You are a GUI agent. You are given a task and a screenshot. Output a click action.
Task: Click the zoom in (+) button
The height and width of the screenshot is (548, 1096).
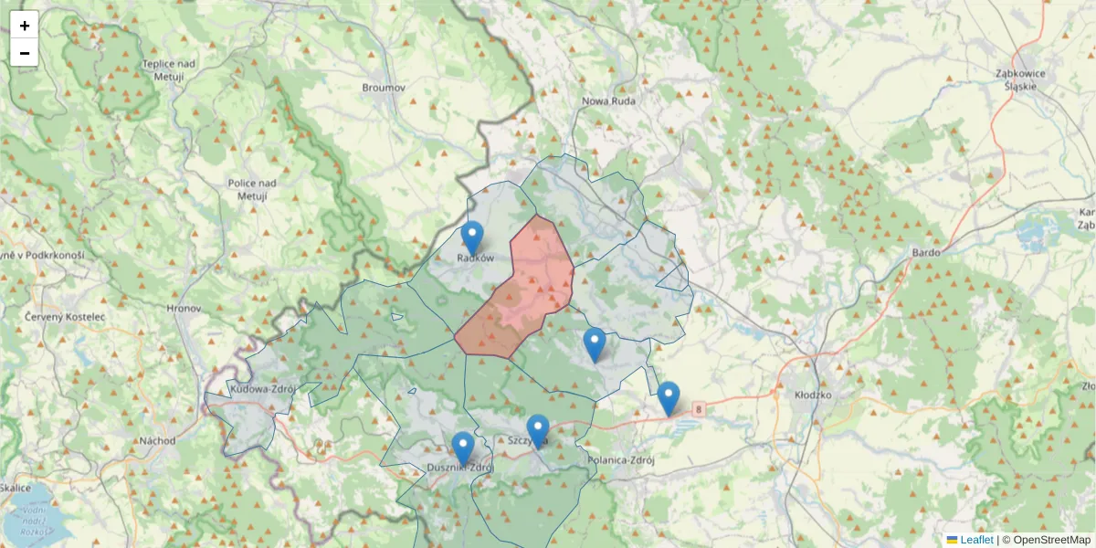25,26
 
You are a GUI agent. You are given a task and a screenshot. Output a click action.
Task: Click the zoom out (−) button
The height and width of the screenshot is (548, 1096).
25,53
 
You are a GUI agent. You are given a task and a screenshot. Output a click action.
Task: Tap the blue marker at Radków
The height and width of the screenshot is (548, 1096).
472,237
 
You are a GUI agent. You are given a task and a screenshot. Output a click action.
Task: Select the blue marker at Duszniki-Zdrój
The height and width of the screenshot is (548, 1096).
463,448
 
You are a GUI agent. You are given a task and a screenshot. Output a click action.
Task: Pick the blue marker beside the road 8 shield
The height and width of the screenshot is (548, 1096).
669,397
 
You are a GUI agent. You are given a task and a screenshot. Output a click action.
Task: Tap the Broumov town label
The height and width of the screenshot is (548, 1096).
384,88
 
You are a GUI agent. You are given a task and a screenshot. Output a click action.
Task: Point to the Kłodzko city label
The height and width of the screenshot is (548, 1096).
814,395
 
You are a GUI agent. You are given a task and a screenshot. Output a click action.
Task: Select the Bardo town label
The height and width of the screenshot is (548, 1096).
926,252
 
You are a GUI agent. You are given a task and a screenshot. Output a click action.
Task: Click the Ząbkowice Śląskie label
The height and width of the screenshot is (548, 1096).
1020,79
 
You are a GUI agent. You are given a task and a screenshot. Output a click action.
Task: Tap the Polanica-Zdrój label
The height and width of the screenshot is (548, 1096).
623,460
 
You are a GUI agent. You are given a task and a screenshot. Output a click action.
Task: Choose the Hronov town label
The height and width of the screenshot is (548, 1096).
184,309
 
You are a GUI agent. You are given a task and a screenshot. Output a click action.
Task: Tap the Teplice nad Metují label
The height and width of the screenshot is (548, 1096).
169,70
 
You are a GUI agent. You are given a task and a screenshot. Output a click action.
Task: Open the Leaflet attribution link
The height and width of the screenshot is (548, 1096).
976,540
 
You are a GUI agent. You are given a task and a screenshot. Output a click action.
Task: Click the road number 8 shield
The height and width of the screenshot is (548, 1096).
699,411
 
